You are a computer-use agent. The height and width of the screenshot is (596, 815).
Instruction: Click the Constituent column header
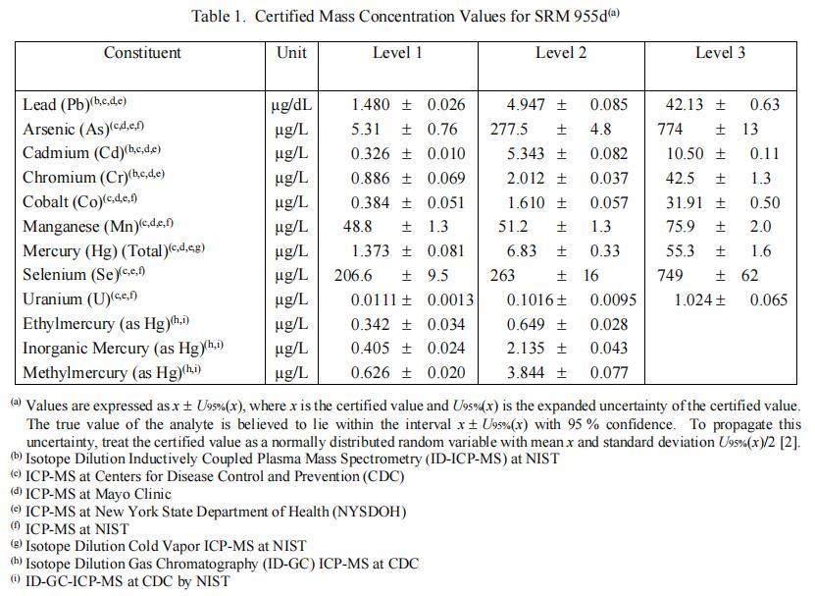(x=142, y=53)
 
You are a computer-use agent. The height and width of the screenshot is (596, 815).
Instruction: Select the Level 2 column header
(x=561, y=53)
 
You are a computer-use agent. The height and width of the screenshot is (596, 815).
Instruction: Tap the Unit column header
(x=291, y=53)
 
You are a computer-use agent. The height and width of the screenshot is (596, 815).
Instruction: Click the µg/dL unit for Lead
(x=291, y=105)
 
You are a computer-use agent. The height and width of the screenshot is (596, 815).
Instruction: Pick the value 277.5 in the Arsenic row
(x=511, y=130)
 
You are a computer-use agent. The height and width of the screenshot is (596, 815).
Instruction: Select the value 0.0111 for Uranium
(x=373, y=299)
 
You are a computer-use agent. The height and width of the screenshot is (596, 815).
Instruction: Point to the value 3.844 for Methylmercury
(x=528, y=373)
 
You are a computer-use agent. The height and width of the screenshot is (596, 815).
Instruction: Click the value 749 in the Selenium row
(x=672, y=276)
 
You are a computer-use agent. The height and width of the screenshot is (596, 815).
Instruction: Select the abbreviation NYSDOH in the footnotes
(x=365, y=512)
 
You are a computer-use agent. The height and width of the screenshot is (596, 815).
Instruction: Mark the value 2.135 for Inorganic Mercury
(x=528, y=349)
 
